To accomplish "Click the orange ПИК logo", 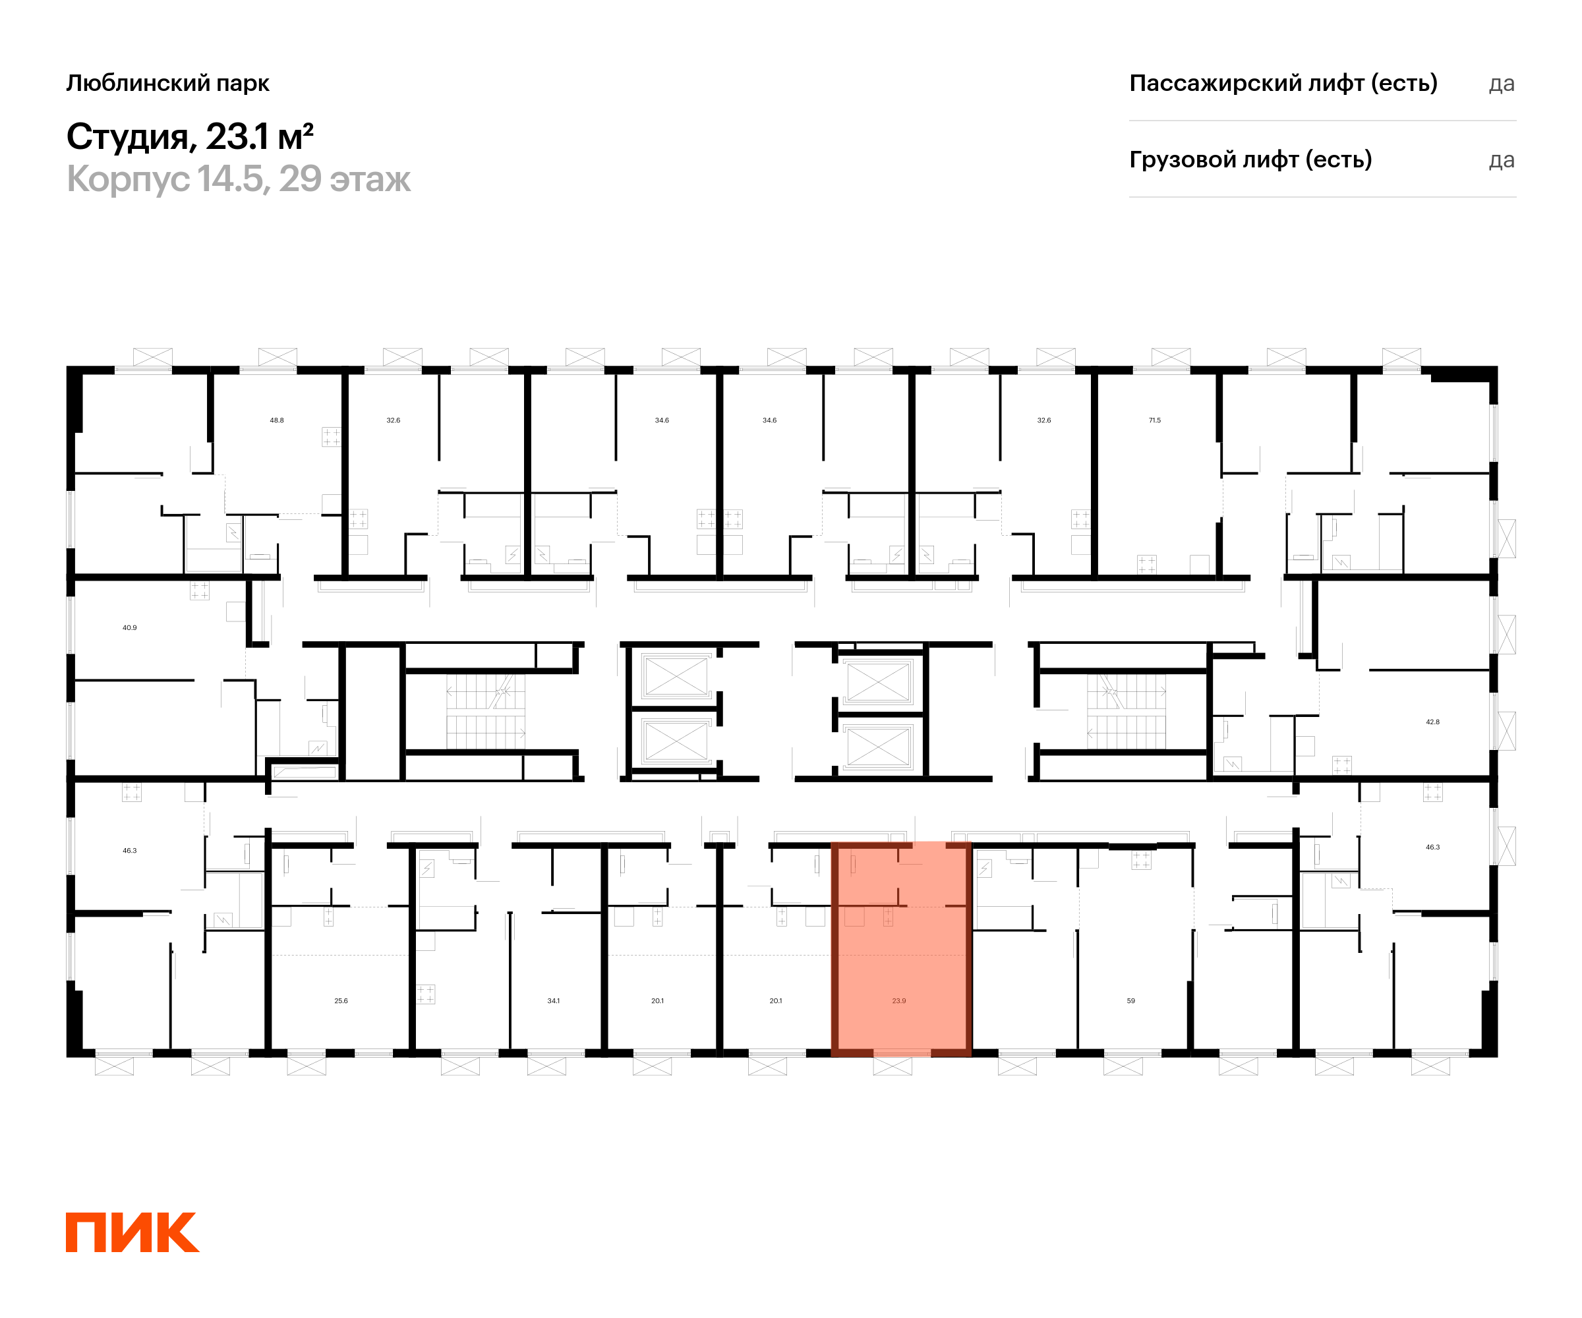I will coord(132,1232).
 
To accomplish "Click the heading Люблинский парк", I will coord(167,83).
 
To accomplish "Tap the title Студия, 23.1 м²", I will coord(189,137).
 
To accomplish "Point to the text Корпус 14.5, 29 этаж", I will coord(238,179).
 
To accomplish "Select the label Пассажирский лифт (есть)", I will coord(1283,83).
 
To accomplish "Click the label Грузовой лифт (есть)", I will coord(1250,159).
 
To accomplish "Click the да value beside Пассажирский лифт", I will coord(1502,84).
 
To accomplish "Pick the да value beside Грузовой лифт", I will coord(1502,160).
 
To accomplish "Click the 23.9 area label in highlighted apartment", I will coord(898,1001).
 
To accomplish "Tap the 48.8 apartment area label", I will coord(276,420).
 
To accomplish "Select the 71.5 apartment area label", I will coord(1155,420).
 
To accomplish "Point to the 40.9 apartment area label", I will coord(130,627).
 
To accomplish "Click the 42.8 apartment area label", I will coord(1432,722).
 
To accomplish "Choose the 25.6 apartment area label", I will coord(341,1001).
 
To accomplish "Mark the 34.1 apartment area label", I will coord(554,1001).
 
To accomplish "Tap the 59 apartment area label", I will coord(1130,1001).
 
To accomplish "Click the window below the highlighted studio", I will coord(893,1066).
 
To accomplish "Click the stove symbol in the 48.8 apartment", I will coord(332,437).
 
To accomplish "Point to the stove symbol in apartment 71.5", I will coord(1146,564).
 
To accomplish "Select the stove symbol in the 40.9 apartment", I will coord(199,590).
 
